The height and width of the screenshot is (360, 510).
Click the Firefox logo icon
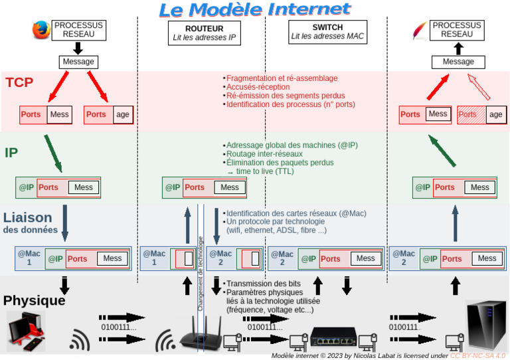tap(41, 30)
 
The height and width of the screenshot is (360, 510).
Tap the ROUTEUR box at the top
tap(204, 33)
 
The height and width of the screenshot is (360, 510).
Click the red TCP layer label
tap(19, 83)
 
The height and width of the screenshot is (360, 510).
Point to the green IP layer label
tap(11, 153)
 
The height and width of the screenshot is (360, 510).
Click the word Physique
tap(35, 300)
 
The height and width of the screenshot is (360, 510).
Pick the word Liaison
tap(27, 217)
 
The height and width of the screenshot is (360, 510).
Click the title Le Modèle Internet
tap(254, 9)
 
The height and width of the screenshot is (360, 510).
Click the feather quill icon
tap(420, 30)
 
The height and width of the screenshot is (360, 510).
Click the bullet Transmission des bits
tap(263, 284)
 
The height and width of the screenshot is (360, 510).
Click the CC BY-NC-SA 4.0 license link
tap(478, 355)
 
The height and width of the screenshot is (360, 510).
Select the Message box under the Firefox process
tap(78, 62)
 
